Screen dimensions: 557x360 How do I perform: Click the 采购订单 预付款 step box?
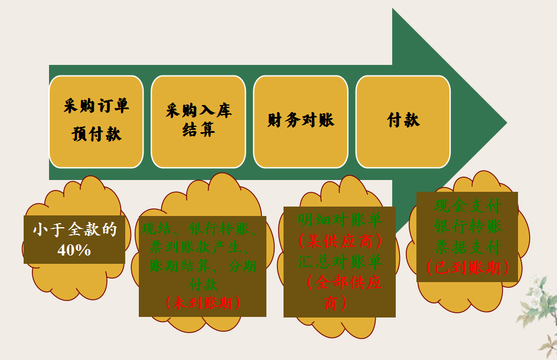(96, 121)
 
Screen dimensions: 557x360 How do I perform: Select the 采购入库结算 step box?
(198, 121)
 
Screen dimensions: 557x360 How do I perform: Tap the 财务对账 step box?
(301, 121)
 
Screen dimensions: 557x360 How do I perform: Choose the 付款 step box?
(403, 121)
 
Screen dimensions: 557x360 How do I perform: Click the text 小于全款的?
(74, 230)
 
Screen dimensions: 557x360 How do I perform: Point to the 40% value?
(74, 250)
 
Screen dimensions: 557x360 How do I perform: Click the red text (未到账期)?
(203, 303)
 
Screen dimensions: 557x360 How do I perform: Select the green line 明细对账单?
(340, 220)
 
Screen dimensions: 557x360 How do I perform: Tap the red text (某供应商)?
(340, 241)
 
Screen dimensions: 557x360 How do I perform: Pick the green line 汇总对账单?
(340, 261)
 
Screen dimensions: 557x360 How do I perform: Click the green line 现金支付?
(467, 207)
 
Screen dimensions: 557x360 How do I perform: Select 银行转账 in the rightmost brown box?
(467, 227)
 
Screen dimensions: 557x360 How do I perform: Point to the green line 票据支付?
(467, 247)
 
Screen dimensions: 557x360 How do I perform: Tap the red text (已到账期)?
(467, 267)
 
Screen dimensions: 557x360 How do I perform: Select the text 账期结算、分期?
(203, 266)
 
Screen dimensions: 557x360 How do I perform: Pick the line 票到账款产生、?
(203, 247)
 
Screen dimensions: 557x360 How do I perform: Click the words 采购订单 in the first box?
(96, 106)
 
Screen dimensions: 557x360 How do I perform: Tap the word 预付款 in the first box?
(96, 135)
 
